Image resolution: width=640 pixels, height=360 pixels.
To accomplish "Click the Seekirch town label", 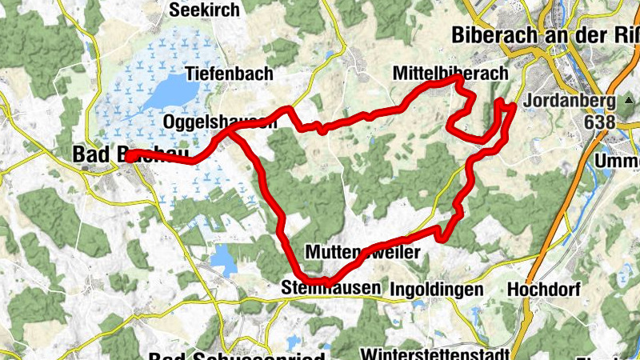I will [203, 10].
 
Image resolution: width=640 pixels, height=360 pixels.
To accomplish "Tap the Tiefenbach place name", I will [229, 74].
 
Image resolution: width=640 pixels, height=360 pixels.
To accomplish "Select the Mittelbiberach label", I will [450, 74].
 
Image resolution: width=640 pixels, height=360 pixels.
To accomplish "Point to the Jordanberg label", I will [570, 102].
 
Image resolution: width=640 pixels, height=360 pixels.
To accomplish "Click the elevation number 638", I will [600, 122].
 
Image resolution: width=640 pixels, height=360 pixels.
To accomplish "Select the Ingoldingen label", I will [436, 289].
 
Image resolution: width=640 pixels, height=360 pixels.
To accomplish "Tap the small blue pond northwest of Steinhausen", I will [225, 260].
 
